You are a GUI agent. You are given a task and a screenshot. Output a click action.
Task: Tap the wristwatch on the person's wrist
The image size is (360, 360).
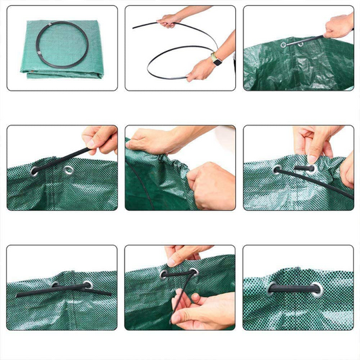[x=216, y=59]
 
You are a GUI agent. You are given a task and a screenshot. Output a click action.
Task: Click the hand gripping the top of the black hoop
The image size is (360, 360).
[x=170, y=21]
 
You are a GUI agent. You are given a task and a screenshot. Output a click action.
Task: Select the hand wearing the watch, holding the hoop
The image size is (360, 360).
[x=201, y=69]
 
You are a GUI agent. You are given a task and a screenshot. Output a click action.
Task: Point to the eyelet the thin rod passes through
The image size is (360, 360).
[x=285, y=45]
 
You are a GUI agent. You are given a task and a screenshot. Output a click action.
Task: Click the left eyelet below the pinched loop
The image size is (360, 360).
[x=277, y=169]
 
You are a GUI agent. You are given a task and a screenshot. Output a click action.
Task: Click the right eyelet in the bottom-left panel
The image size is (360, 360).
[x=87, y=285]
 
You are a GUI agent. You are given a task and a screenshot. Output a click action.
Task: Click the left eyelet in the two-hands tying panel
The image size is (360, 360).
[x=163, y=273]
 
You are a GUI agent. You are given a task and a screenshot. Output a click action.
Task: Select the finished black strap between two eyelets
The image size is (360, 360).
[x=293, y=289]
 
